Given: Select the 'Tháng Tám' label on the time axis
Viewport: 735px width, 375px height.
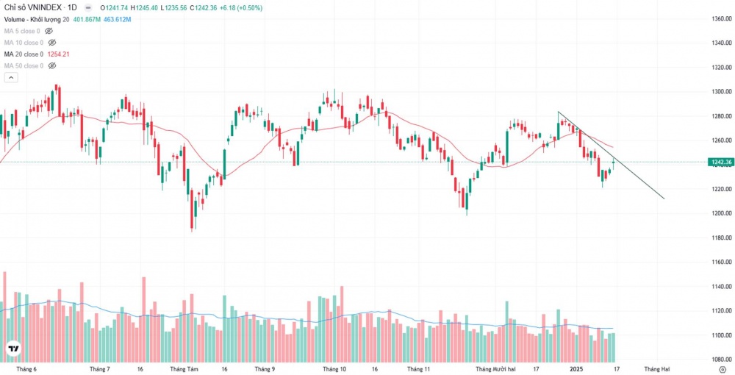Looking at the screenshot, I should pyautogui.click(x=184, y=369).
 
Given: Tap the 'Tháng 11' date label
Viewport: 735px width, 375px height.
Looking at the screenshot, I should pyautogui.click(x=417, y=369).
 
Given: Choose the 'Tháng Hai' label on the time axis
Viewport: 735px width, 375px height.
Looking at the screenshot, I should pyautogui.click(x=657, y=369).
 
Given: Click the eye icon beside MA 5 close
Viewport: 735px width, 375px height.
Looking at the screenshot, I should pyautogui.click(x=49, y=31).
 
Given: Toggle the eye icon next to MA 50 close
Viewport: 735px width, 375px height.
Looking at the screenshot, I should pyautogui.click(x=49, y=66).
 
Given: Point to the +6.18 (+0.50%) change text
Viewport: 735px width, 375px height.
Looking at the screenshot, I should pyautogui.click(x=245, y=7).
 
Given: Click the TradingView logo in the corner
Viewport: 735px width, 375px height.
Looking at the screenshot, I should pyautogui.click(x=13, y=349).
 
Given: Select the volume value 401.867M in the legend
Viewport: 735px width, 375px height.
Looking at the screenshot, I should pyautogui.click(x=87, y=19).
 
